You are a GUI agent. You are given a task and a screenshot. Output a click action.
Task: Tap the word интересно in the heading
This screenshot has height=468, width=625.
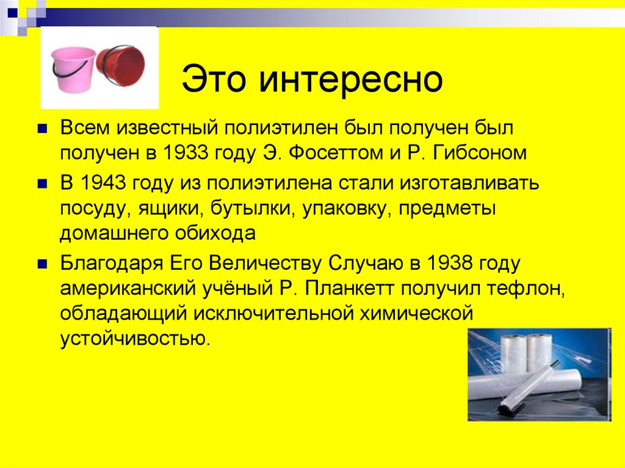coord(349,81)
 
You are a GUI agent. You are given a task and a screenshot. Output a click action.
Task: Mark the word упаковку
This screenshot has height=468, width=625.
coord(345,209)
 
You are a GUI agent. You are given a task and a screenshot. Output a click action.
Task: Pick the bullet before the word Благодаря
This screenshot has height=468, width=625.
coord(42,264)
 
